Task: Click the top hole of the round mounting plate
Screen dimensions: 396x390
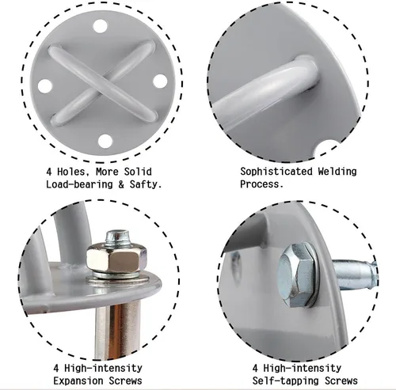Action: pos(101,26)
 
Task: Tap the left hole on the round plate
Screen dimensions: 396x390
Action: pos(45,86)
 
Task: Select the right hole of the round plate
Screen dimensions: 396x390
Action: pos(160,81)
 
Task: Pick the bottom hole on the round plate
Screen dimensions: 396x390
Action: pos(105,141)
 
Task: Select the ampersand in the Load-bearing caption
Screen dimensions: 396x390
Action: pos(121,184)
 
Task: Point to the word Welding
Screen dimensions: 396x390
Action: pos(337,172)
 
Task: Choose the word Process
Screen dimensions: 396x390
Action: pos(261,184)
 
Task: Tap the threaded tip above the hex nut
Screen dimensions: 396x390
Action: pos(118,238)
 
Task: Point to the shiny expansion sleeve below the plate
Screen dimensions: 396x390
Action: pos(117,330)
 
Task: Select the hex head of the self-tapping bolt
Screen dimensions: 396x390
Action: pos(295,275)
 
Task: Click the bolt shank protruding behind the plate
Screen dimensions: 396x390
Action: pos(354,275)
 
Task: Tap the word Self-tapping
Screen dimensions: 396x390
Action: pos(286,381)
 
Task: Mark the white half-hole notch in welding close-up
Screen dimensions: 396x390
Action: pos(327,149)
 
